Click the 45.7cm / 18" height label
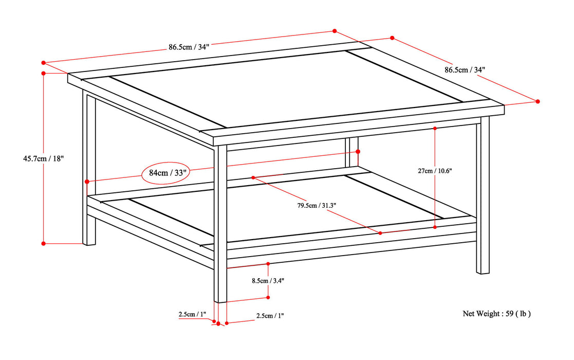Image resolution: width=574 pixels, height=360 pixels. [42, 159]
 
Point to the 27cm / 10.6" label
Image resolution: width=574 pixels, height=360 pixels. [435, 171]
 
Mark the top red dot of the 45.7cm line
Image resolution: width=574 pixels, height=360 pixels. [44, 74]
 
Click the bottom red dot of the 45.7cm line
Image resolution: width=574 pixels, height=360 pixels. [44, 243]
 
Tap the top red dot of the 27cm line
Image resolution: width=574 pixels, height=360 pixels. [435, 128]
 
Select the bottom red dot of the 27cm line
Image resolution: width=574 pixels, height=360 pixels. [435, 227]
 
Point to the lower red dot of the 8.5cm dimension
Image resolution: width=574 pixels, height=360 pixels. [268, 297]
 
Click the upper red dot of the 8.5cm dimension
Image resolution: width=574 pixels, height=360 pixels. [268, 264]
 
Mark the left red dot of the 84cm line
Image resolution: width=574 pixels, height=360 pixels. [87, 182]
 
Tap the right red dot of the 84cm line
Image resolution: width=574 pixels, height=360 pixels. [358, 151]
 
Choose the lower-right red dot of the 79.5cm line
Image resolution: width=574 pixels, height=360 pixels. [380, 233]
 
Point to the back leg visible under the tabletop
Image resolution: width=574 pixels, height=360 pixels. [353, 152]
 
